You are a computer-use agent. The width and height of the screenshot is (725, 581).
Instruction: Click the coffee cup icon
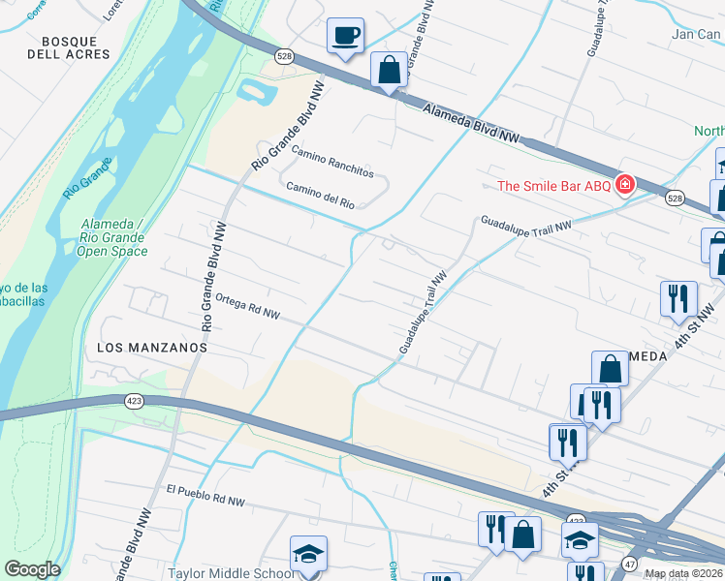(x=345, y=37)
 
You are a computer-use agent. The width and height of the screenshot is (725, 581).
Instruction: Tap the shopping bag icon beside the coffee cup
(x=389, y=71)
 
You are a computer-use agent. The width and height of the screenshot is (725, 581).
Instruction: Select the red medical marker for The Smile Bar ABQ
(x=625, y=184)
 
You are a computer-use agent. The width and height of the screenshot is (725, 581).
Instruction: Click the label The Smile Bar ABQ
(x=553, y=186)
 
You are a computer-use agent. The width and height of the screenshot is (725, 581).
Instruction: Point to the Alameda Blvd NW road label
(x=472, y=124)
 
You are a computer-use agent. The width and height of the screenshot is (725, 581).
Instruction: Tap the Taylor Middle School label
(x=232, y=572)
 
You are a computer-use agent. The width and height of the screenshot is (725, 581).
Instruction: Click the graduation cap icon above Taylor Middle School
(x=309, y=554)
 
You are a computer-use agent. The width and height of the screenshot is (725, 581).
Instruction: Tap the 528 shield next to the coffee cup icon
(x=283, y=55)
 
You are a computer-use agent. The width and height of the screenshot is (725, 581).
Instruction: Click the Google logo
(x=32, y=569)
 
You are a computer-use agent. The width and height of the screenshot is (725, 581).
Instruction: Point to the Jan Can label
(x=696, y=34)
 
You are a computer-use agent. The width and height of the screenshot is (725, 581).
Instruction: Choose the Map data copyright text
(x=684, y=573)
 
